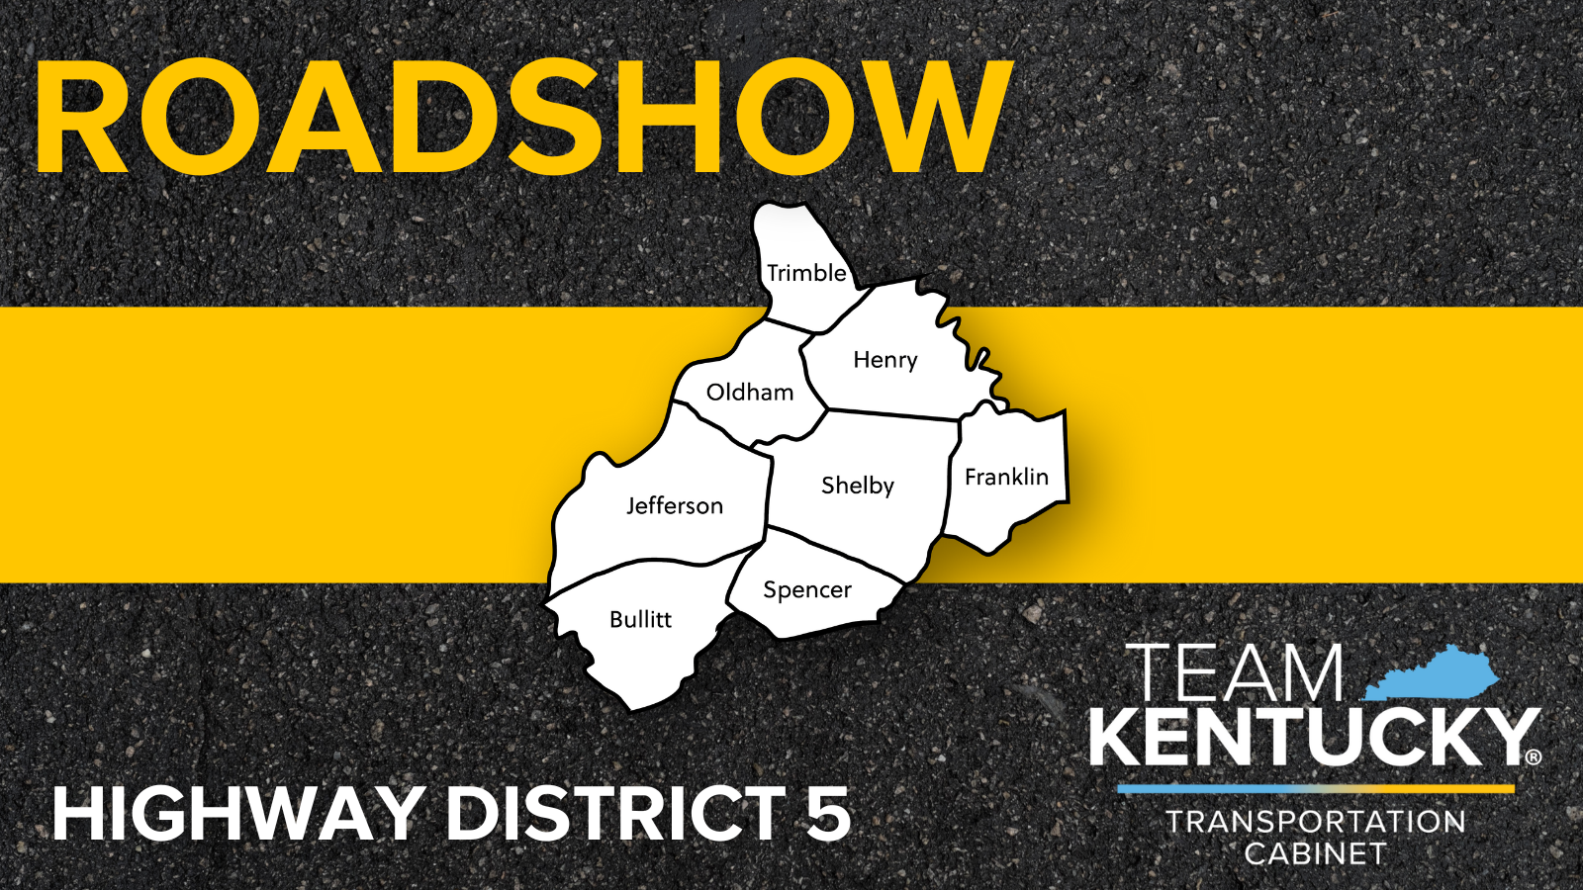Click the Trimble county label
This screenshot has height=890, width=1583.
806,273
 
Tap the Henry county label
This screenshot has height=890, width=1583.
885,360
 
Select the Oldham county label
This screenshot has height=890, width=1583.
750,393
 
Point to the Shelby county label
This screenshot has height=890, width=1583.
858,486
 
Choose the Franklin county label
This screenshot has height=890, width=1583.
1006,478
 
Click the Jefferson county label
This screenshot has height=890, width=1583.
675,506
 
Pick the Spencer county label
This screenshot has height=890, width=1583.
807,590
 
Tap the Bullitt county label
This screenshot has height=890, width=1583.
640,620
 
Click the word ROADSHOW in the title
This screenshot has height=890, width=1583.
524,118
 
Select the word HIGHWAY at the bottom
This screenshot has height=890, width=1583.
237,813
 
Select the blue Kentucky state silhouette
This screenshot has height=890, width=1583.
1435,673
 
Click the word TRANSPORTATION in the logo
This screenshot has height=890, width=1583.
1316,822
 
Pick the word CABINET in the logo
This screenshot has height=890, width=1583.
1316,853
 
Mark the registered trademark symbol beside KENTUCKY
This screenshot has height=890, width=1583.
1533,756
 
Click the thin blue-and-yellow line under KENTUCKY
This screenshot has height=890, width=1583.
1316,789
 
